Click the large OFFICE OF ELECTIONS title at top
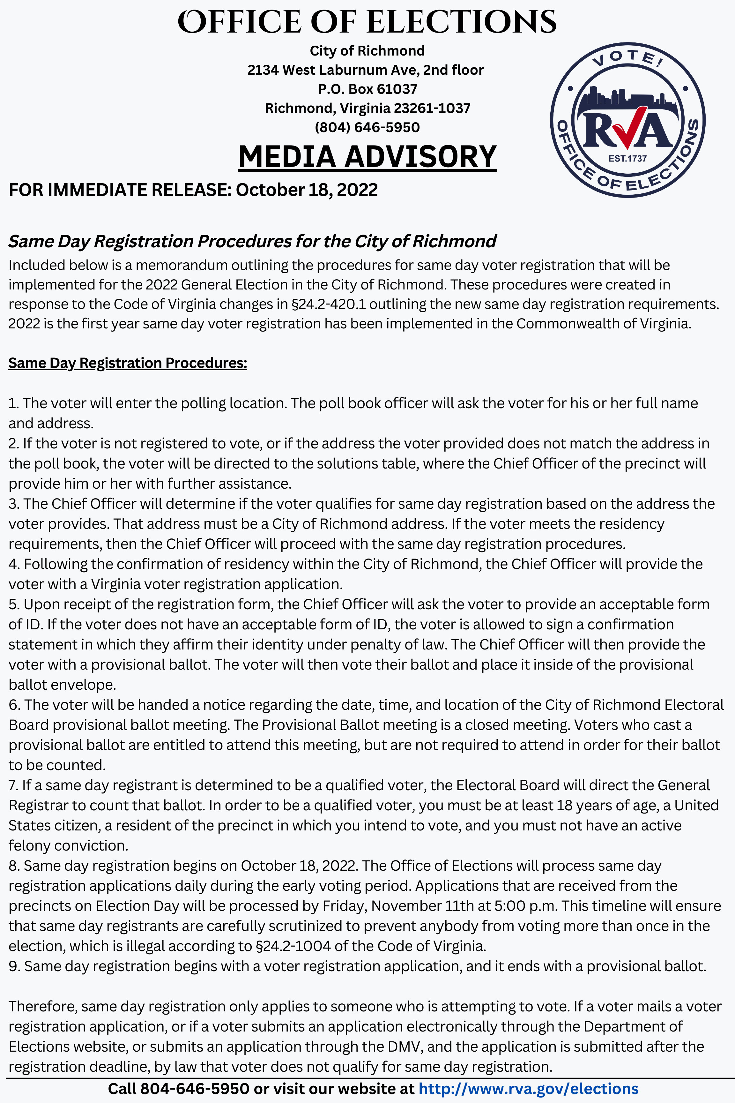pos(367,22)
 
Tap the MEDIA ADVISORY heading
pos(367,157)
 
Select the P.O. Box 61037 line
pos(367,89)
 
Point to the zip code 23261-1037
pos(432,108)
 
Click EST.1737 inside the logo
pos(627,159)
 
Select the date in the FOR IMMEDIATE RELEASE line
pos(307,190)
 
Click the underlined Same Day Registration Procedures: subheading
pos(128,363)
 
